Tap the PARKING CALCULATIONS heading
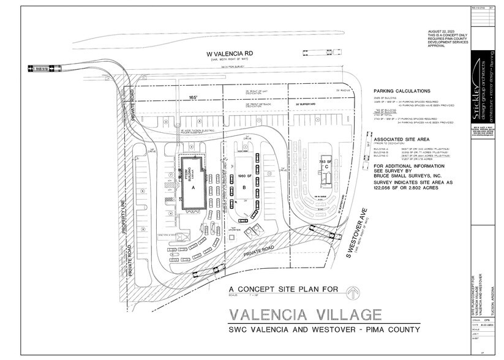point(406,90)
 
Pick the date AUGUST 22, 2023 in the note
point(442,30)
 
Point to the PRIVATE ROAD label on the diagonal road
point(250,250)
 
